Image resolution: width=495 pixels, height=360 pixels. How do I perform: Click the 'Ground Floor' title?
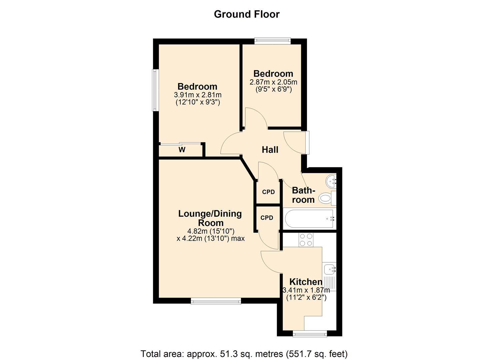[x=247, y=14]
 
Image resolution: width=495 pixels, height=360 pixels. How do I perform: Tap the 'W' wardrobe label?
[x=182, y=150]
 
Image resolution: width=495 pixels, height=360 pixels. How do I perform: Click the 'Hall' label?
[x=270, y=150]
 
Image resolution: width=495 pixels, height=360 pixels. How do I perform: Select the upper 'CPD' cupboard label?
[x=268, y=192]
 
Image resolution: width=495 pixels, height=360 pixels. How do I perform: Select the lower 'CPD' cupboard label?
[x=267, y=218]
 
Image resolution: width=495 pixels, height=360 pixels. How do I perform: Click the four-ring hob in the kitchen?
[x=306, y=240]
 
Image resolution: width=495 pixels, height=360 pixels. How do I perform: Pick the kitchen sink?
[x=329, y=268]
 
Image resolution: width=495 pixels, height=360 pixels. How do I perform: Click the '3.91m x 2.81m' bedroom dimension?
[x=198, y=95]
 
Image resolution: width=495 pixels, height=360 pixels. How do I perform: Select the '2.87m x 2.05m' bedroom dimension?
[x=273, y=82]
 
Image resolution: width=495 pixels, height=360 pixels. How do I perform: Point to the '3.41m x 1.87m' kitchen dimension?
[x=306, y=290]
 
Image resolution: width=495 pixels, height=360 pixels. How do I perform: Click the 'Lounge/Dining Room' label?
[x=210, y=218]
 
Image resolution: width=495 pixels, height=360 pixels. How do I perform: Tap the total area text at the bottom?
[x=244, y=354]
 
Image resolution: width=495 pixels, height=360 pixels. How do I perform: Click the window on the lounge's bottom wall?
[x=216, y=301]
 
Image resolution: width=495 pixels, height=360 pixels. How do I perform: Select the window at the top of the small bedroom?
[x=272, y=41]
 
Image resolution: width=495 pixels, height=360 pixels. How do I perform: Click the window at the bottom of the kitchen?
[x=310, y=334]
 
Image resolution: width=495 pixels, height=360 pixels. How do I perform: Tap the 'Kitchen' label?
[x=306, y=282]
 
